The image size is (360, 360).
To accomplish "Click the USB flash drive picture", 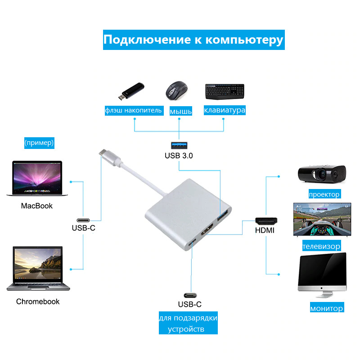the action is (131, 91).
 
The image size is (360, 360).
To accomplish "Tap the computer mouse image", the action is (176, 90).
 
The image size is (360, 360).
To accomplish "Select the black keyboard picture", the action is (225, 92).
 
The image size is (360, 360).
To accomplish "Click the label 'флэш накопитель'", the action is (134, 110).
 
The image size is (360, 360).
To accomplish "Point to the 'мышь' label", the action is (181, 111).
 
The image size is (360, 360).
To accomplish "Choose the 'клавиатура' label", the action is (225, 110).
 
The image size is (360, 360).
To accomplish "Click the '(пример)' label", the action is (39, 143).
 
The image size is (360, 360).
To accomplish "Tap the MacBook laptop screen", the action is (37, 177).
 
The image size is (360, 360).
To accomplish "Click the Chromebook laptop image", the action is (38, 269).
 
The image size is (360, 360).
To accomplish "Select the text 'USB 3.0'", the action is (179, 156).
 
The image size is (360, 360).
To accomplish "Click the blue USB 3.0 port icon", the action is (179, 145).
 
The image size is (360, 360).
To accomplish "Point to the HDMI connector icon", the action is (266, 221).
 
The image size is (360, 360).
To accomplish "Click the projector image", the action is (322, 174).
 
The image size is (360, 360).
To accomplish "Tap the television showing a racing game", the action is (322, 219).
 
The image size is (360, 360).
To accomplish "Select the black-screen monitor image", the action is (322, 275).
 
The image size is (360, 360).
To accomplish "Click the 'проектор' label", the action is (324, 194).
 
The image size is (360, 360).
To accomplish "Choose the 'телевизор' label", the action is (321, 246).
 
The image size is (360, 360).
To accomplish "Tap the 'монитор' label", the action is (327, 307).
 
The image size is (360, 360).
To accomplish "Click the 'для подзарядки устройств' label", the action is (188, 323).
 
